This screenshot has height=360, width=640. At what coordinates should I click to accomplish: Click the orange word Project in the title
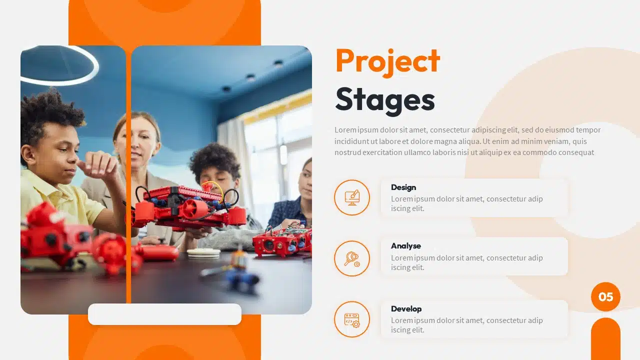pos(387,61)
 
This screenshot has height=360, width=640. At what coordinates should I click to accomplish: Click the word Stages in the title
pos(385,99)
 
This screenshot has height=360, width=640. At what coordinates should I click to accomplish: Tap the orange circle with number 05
pos(605,297)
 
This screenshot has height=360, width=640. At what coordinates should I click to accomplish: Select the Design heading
pos(403,187)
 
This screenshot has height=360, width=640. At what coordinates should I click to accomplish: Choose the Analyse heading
pos(406,246)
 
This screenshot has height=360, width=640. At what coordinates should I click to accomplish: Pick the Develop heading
pos(406,309)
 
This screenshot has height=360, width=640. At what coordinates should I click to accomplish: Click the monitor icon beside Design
pos(352,197)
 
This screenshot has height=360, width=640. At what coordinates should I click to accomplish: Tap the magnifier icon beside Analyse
pos(352,258)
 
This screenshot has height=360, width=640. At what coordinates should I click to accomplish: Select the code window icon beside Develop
pos(352,319)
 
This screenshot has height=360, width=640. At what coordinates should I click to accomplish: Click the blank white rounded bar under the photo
pos(164,314)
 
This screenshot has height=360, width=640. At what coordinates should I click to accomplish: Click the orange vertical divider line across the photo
pos(128,175)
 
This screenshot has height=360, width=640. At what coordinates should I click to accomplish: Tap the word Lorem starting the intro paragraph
pos(345,130)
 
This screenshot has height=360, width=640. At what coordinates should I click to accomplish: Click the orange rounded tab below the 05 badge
pos(605,340)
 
